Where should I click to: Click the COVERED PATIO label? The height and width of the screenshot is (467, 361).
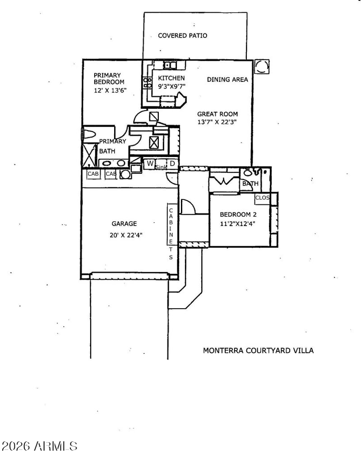(x=182, y=35)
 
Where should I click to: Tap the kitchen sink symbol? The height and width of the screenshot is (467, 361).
(x=167, y=65)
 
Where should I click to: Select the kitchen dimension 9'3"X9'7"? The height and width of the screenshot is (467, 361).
(x=171, y=86)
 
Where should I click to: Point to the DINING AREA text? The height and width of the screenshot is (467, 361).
(x=227, y=79)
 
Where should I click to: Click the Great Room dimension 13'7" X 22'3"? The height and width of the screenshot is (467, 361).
(x=217, y=122)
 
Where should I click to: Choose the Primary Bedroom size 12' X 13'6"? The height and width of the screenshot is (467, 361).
(x=110, y=90)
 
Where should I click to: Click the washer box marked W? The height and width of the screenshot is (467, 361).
(x=149, y=163)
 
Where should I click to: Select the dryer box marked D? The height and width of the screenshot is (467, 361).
(x=172, y=163)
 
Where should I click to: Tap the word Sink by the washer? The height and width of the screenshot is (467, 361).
(x=161, y=168)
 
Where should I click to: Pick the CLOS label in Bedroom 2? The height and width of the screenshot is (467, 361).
(x=262, y=198)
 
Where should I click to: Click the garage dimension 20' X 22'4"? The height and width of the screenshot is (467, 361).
(x=124, y=234)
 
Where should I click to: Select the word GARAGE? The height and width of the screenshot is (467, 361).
(x=124, y=223)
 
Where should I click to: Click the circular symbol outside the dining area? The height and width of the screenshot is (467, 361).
(x=262, y=67)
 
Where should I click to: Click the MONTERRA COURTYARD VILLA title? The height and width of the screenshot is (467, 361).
(x=258, y=350)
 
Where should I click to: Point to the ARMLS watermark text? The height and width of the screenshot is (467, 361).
(x=39, y=446)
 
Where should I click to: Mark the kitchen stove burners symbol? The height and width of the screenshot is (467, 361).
(x=147, y=82)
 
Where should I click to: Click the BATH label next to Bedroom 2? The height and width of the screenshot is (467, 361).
(x=250, y=184)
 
